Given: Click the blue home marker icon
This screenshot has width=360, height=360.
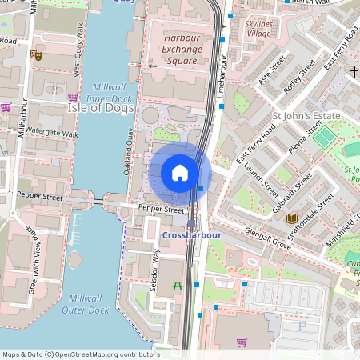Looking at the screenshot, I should click(180, 173).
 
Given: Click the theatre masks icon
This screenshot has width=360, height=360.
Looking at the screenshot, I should click(35, 55).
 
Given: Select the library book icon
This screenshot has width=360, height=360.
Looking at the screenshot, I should click(291, 218).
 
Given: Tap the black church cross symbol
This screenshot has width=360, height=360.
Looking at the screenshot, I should click(354, 72).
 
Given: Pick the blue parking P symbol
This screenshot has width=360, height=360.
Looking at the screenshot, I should click(302, 326).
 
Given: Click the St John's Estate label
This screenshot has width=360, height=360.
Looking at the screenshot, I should click(306, 117).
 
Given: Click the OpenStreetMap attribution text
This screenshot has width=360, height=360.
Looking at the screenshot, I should click(80, 354).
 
